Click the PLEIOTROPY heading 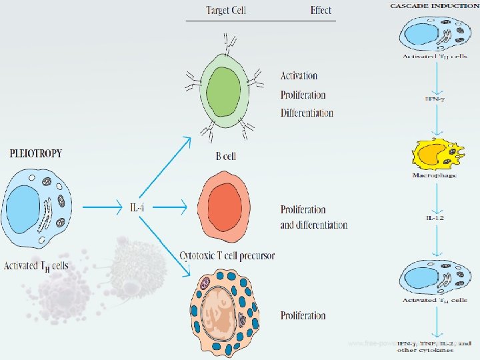(x=36, y=153)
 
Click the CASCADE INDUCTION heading (x=434, y=6)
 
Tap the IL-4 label (x=137, y=207)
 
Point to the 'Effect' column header (x=321, y=10)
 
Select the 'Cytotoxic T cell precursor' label (x=227, y=256)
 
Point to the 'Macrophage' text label (x=434, y=176)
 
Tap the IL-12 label (x=434, y=218)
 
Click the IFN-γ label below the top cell (x=434, y=99)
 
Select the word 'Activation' (x=299, y=76)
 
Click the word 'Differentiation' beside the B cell (x=307, y=113)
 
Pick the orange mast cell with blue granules (x=223, y=310)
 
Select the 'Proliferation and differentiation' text (x=313, y=217)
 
